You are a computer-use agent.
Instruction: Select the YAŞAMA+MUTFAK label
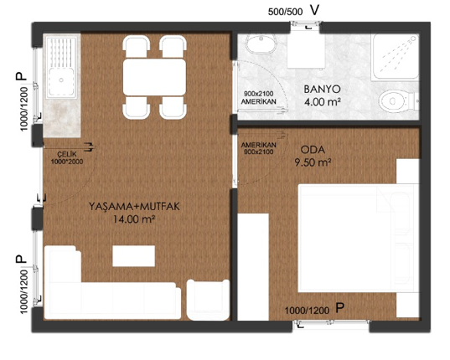[134, 206]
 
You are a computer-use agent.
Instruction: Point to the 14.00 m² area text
[134, 219]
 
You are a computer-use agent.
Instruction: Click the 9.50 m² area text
[313, 162]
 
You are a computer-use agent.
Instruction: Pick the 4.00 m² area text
[323, 102]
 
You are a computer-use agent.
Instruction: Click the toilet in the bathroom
[398, 100]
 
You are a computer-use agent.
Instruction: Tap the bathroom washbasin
[261, 44]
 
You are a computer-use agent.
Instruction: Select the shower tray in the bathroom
[395, 57]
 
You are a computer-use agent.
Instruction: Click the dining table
[154, 77]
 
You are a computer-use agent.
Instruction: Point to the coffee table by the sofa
[134, 255]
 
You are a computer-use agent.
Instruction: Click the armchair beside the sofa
[208, 300]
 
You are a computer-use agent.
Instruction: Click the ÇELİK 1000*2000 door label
[66, 158]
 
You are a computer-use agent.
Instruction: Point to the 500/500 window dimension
[285, 12]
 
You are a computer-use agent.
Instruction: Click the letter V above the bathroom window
[314, 10]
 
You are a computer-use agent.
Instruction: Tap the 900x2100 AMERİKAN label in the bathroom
[259, 98]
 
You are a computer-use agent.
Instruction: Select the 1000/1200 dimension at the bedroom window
[307, 311]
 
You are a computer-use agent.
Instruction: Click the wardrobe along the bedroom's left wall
[253, 267]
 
